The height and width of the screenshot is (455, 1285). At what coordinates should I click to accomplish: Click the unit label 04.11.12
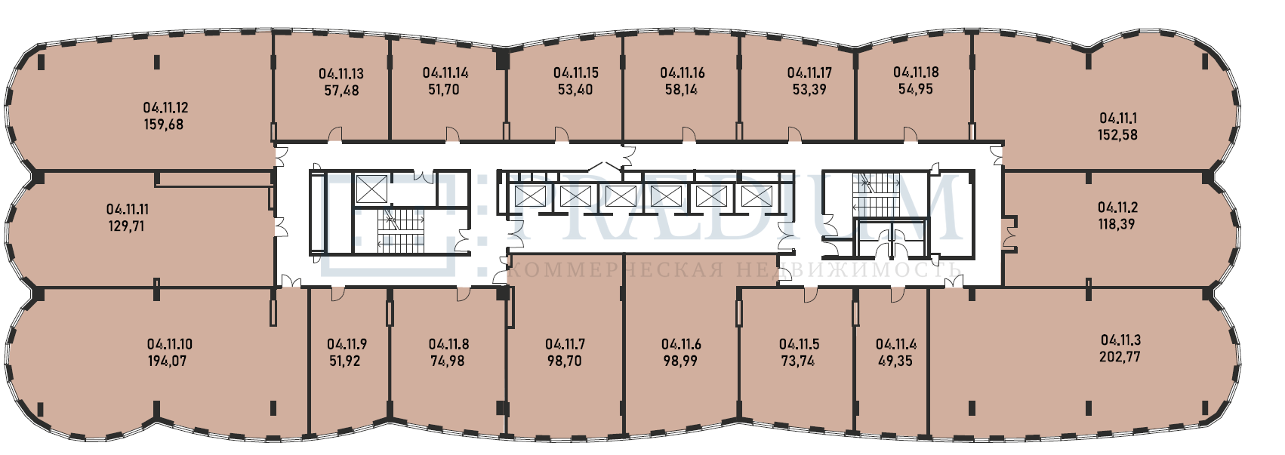[165, 108]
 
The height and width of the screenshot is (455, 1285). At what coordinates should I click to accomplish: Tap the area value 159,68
[164, 125]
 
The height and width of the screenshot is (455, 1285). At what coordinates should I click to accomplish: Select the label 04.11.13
[341, 74]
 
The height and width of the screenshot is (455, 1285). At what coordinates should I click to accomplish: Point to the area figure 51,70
[443, 89]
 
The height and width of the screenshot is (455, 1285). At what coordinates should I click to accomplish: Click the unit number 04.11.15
[575, 72]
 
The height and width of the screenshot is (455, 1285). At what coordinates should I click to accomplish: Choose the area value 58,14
[681, 89]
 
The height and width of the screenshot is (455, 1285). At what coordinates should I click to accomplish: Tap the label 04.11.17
[809, 72]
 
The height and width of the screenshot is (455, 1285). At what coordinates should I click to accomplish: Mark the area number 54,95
[916, 89]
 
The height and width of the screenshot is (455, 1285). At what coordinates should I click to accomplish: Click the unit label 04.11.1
[1118, 118]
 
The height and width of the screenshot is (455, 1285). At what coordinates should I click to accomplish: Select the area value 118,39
[1117, 224]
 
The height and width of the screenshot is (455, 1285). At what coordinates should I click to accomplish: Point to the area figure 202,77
[1120, 356]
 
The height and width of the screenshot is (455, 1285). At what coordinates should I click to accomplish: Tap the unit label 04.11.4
[895, 344]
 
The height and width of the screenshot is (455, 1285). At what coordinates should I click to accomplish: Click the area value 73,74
[797, 361]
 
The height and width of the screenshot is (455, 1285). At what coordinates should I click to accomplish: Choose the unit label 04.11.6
[681, 344]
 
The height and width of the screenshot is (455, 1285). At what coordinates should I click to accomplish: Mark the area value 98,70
[565, 361]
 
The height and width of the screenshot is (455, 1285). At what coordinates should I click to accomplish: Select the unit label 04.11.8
[448, 344]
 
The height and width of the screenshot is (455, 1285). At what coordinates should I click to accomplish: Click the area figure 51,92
[344, 361]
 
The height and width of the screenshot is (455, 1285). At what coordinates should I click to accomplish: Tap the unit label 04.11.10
[169, 344]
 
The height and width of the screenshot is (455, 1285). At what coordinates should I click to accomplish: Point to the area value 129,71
[126, 226]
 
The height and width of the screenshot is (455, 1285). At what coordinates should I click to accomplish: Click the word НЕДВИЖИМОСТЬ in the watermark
[847, 269]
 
